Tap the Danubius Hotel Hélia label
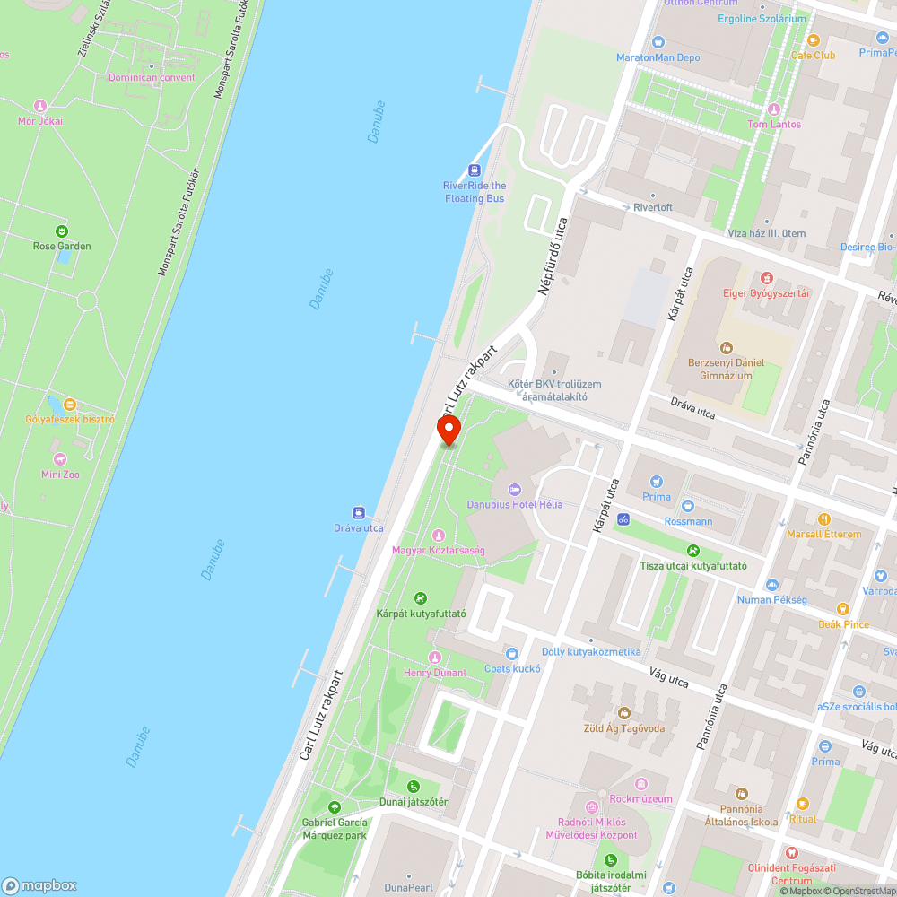pyautogui.click(x=515, y=504)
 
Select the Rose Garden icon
pyautogui.click(x=62, y=231)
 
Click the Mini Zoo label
pyautogui.click(x=60, y=475)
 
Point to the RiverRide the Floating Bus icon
pyautogui.click(x=474, y=170)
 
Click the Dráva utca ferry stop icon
pyautogui.click(x=359, y=513)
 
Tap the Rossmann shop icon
pyautogui.click(x=688, y=506)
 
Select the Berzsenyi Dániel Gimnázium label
pyautogui.click(x=726, y=369)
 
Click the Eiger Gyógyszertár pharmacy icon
pyautogui.click(x=766, y=278)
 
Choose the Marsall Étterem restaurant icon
pyautogui.click(x=823, y=518)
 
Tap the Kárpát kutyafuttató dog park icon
pyautogui.click(x=421, y=598)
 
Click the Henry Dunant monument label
pyautogui.click(x=435, y=673)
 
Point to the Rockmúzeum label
pyautogui.click(x=640, y=798)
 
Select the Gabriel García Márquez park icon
pyautogui.click(x=335, y=807)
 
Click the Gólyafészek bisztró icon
pyautogui.click(x=70, y=405)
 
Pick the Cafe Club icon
pyautogui.click(x=813, y=39)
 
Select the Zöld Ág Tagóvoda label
pyautogui.click(x=625, y=728)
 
